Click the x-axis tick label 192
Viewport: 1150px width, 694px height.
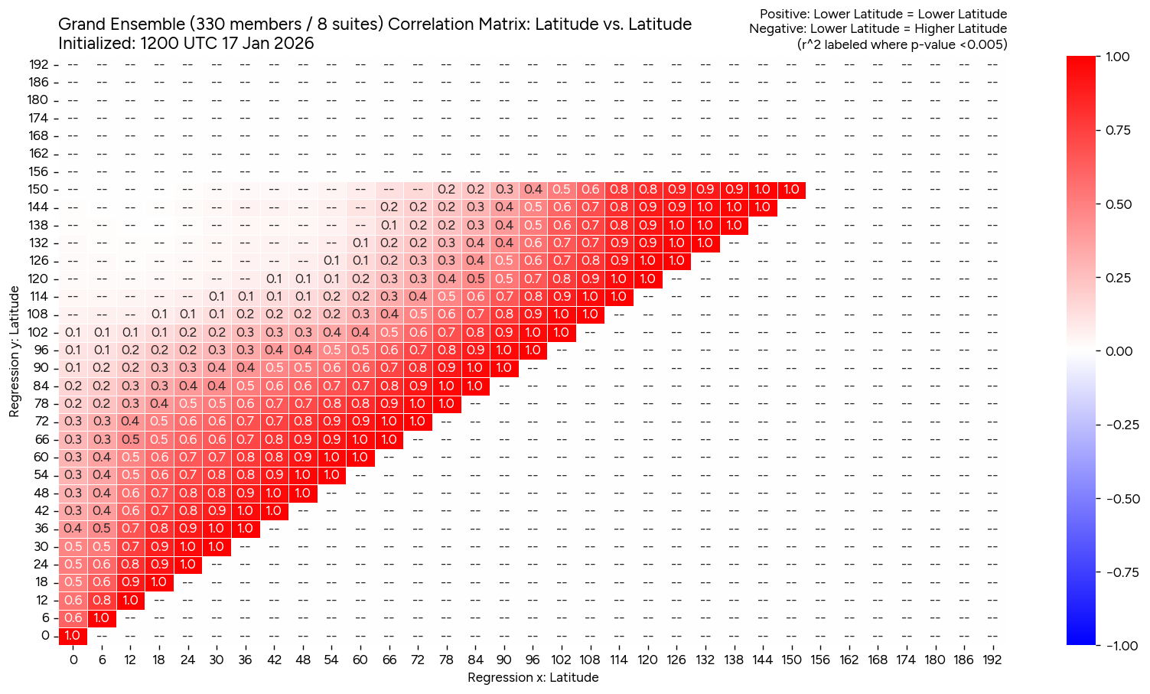(992, 660)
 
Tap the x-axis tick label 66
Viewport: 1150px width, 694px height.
(389, 660)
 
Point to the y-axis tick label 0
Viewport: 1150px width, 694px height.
(45, 635)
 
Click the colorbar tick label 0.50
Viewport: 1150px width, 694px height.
(1118, 204)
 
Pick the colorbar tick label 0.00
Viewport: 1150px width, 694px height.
(1118, 351)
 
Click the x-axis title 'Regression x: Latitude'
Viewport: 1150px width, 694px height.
(533, 677)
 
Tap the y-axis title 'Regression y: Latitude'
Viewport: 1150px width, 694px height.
(15, 353)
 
